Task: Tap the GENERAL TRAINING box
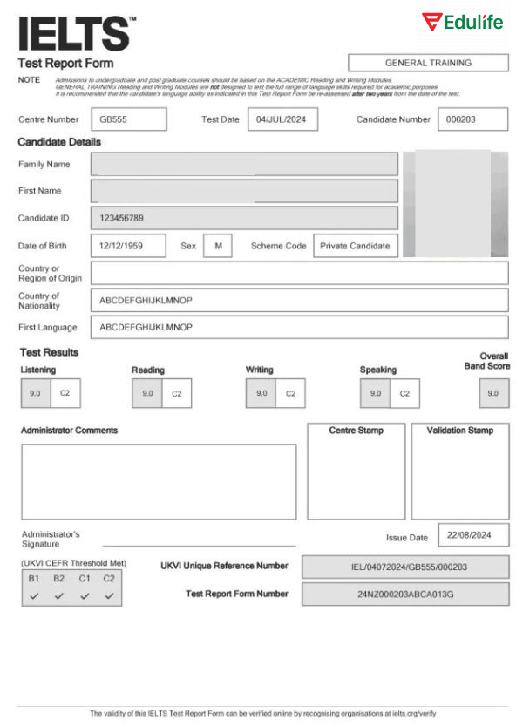(428, 63)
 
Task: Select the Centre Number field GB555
(128, 119)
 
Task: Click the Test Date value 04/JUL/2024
(282, 119)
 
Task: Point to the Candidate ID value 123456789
(244, 218)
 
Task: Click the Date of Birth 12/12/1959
(127, 246)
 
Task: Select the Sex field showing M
(218, 246)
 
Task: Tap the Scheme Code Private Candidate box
(355, 246)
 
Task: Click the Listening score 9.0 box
(34, 393)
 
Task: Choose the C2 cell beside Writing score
(290, 393)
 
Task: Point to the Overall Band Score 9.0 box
(493, 393)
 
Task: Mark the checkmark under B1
(34, 596)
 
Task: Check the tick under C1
(85, 596)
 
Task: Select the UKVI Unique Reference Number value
(405, 567)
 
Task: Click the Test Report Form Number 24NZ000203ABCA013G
(405, 595)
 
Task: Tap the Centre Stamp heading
(356, 431)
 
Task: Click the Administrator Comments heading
(69, 431)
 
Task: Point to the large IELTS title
(75, 33)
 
